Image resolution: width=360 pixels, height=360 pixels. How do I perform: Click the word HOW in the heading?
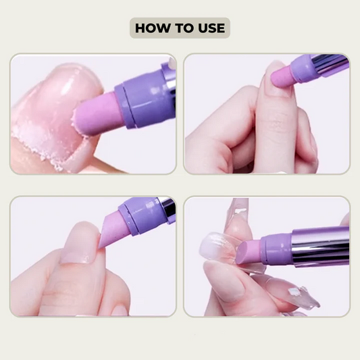151,28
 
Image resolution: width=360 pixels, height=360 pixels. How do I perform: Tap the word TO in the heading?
181,28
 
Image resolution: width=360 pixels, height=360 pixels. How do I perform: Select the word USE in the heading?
209,28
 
